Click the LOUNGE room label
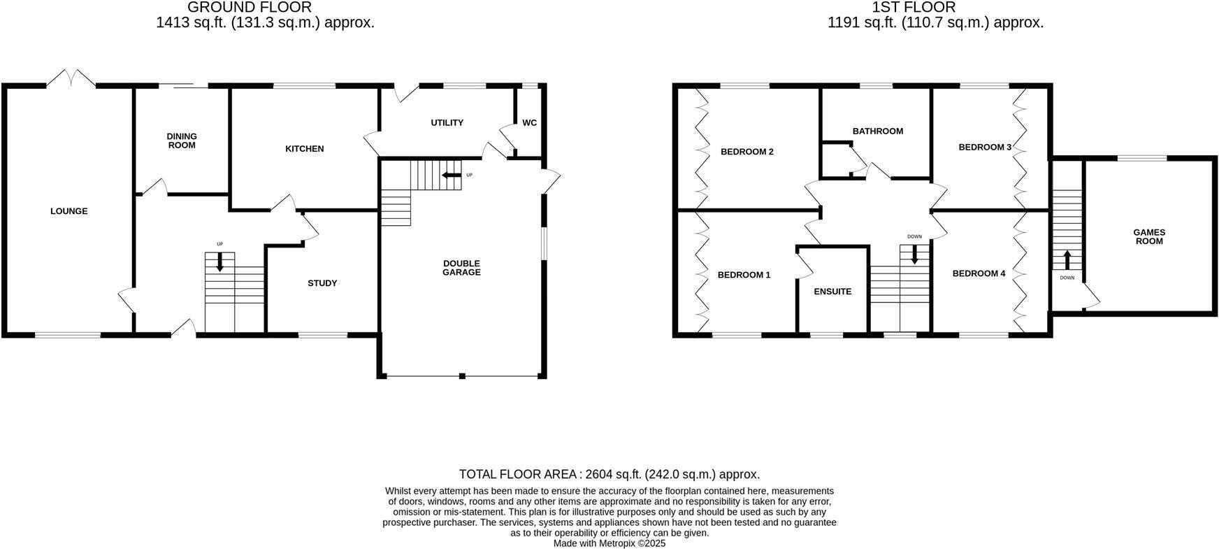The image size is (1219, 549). pyautogui.click(x=68, y=211)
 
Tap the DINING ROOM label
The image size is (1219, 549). pyautogui.click(x=182, y=141)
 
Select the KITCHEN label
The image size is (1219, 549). pyautogui.click(x=304, y=149)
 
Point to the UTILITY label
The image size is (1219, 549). pyautogui.click(x=447, y=123)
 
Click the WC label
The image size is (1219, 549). pyautogui.click(x=529, y=123)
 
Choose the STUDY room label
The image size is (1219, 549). pyautogui.click(x=322, y=283)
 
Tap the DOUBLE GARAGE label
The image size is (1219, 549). pyautogui.click(x=461, y=268)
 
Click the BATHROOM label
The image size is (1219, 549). pyautogui.click(x=877, y=131)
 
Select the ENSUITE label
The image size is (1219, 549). pyautogui.click(x=832, y=292)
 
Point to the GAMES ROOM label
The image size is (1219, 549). pyautogui.click(x=1148, y=237)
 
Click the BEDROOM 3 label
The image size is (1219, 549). pyautogui.click(x=984, y=148)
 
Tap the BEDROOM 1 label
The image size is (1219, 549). pyautogui.click(x=744, y=275)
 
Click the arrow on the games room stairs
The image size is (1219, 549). pyautogui.click(x=1067, y=260)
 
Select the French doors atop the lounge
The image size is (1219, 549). pyautogui.click(x=71, y=78)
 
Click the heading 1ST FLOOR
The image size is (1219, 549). pyautogui.click(x=913, y=8)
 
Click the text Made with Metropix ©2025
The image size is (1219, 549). pyautogui.click(x=609, y=543)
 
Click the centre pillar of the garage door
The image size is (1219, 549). pyautogui.click(x=462, y=376)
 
